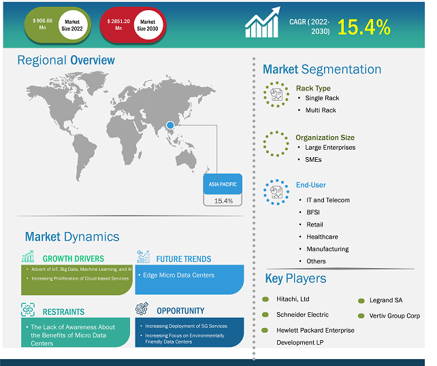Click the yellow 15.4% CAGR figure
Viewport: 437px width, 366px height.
[x=363, y=27]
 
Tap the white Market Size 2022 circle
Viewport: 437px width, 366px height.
[x=72, y=25]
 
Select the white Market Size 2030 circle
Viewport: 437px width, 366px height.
[x=148, y=25]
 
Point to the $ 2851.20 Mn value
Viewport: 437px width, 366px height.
[x=118, y=24]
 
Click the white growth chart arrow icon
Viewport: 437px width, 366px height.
[x=262, y=22]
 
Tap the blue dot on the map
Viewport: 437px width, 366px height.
[x=170, y=125]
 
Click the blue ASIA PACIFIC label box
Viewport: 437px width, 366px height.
[x=223, y=184]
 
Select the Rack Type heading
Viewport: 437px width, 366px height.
[x=313, y=88]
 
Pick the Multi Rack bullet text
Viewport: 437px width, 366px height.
[x=321, y=110]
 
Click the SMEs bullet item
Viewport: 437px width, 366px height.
[x=313, y=160]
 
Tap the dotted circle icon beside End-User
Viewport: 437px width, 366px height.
[x=276, y=193]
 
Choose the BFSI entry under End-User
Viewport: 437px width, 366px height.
[x=313, y=212]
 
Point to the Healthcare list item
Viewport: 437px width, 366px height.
[x=322, y=237]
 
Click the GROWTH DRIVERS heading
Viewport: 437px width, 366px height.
[x=74, y=259]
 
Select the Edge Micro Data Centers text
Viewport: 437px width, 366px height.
[x=178, y=276]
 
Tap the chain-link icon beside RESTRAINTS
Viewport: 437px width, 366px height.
[x=28, y=310]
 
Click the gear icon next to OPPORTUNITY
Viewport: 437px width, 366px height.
[x=142, y=309]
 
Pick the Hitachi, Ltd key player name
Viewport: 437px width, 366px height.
[x=293, y=299]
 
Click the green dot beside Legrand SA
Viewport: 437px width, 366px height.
[x=361, y=301]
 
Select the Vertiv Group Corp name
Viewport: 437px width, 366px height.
[x=395, y=316]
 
